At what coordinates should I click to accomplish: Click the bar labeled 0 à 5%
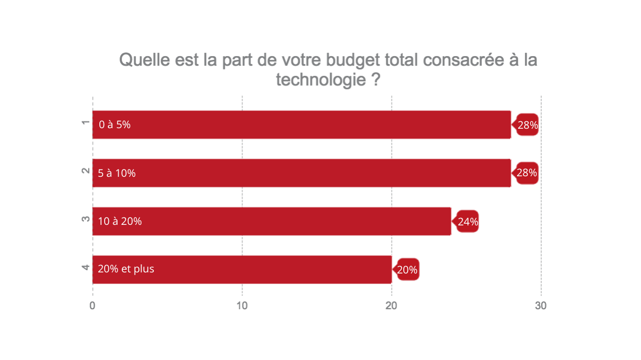click(x=302, y=124)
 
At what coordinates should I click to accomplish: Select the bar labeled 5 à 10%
click(x=302, y=173)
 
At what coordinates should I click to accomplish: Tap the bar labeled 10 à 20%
click(x=272, y=221)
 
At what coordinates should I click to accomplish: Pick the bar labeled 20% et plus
click(x=242, y=269)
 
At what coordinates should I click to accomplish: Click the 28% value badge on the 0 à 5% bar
click(x=527, y=125)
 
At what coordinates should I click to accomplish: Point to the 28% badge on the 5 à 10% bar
click(x=527, y=173)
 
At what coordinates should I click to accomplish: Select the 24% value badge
click(x=467, y=221)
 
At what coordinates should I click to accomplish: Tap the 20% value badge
click(x=408, y=270)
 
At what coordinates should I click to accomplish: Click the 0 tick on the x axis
click(x=92, y=306)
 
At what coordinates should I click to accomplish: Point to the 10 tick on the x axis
click(x=242, y=306)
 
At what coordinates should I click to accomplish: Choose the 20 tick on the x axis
click(x=392, y=306)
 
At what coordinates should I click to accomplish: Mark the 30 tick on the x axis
click(x=541, y=306)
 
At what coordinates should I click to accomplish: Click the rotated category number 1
click(x=85, y=123)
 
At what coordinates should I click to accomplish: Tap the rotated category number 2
click(x=85, y=171)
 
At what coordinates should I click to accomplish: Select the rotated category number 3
click(x=85, y=220)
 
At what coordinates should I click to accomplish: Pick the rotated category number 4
click(x=85, y=268)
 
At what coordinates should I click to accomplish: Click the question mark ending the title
click(x=375, y=80)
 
